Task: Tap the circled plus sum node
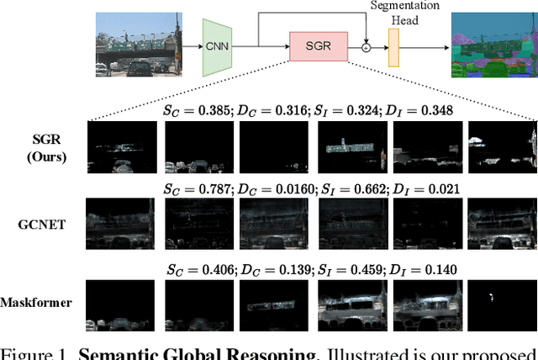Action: (367, 49)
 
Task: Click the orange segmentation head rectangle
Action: (393, 49)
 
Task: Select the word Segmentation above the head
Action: (404, 7)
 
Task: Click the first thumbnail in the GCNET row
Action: (123, 224)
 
